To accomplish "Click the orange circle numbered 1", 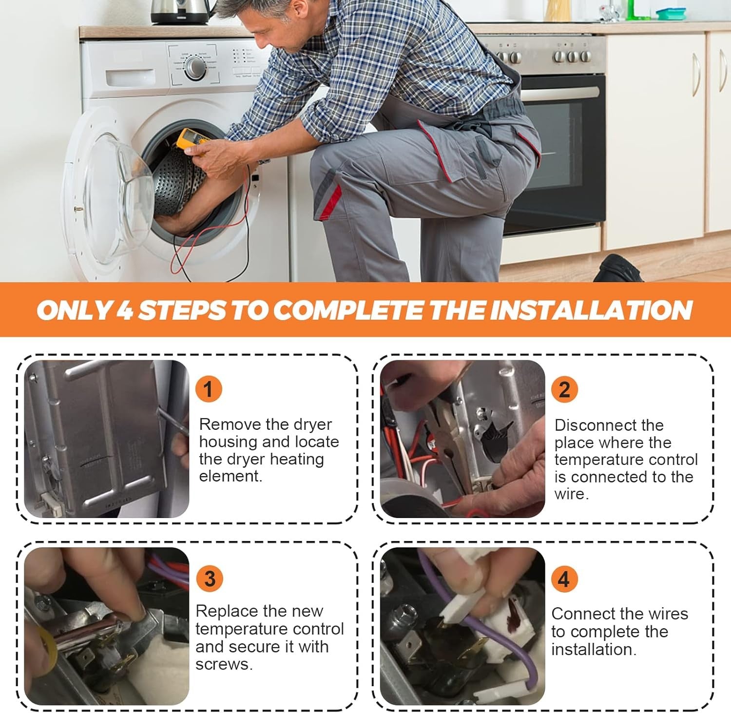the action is [209, 389].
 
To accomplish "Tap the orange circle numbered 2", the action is [564, 389].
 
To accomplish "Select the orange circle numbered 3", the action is [210, 578].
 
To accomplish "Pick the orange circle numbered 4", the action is [564, 578].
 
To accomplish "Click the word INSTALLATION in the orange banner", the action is [591, 310].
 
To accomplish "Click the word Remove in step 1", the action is [230, 424].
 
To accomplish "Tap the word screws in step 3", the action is [223, 664].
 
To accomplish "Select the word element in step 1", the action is [230, 476].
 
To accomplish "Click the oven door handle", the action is [560, 93].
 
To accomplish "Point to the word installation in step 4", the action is [594, 649].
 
